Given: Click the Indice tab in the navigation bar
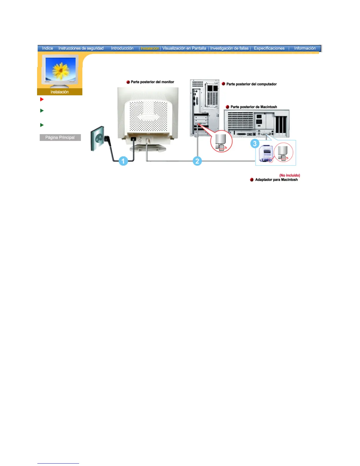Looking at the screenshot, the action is tap(47, 48).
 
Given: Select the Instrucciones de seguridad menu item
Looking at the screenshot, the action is tap(81, 48).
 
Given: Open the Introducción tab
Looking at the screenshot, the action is tap(122, 48).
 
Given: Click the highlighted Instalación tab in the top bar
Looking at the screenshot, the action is tap(150, 48).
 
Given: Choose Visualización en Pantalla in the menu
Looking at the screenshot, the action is tap(184, 48).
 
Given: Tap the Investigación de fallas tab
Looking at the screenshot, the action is tap(229, 48).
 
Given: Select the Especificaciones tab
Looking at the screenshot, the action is tap(269, 48).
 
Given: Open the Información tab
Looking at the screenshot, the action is tap(305, 48).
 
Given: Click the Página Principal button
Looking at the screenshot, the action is tap(60, 137).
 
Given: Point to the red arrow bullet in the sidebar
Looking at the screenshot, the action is tap(42, 99).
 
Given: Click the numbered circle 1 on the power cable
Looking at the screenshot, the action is tap(123, 161).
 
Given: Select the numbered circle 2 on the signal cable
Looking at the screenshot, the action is tap(197, 161).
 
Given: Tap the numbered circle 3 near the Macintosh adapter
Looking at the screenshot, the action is tap(255, 144).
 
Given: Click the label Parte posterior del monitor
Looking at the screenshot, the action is tap(152, 82).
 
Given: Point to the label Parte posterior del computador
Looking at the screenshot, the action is tap(251, 84).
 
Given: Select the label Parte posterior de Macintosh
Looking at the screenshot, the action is tap(254, 107).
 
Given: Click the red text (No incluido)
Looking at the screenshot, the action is tap(290, 175).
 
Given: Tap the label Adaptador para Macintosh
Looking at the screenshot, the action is tap(276, 180).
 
